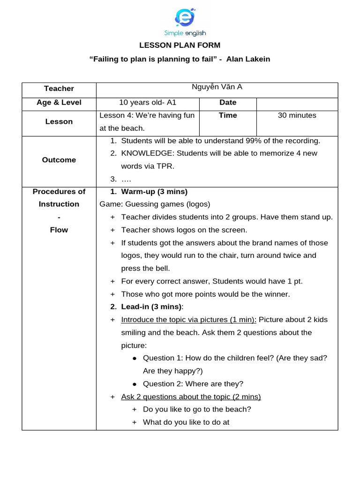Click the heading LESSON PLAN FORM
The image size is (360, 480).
(x=180, y=45)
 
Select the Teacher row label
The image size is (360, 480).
(x=59, y=89)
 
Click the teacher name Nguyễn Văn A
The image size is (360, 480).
(x=217, y=87)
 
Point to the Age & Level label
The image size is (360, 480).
(x=59, y=103)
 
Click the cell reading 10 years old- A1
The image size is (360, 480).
(x=148, y=103)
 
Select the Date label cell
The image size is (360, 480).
(x=228, y=103)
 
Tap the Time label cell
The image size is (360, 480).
(x=228, y=115)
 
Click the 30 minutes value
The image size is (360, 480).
(x=297, y=115)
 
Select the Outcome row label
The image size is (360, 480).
(x=59, y=160)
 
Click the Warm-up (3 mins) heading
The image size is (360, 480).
(x=154, y=192)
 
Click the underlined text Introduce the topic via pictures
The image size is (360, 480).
(x=187, y=320)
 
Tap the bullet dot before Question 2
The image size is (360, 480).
(x=135, y=384)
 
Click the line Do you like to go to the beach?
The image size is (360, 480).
(x=197, y=409)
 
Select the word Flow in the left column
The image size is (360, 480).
(x=59, y=230)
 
